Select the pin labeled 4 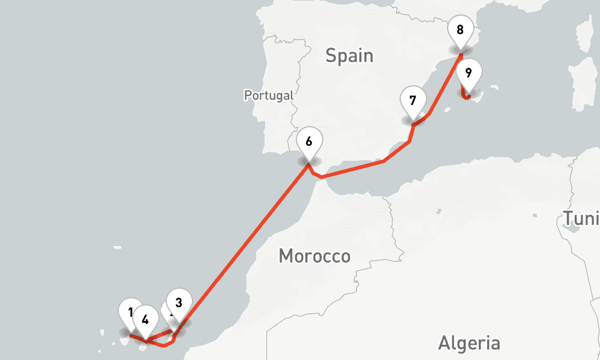145,318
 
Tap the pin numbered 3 179,302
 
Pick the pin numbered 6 309,142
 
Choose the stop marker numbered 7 412,100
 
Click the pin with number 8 460,29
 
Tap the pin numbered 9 469,73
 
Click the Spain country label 349,56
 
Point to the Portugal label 269,95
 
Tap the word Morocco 314,256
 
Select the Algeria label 469,343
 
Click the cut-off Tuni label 581,219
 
